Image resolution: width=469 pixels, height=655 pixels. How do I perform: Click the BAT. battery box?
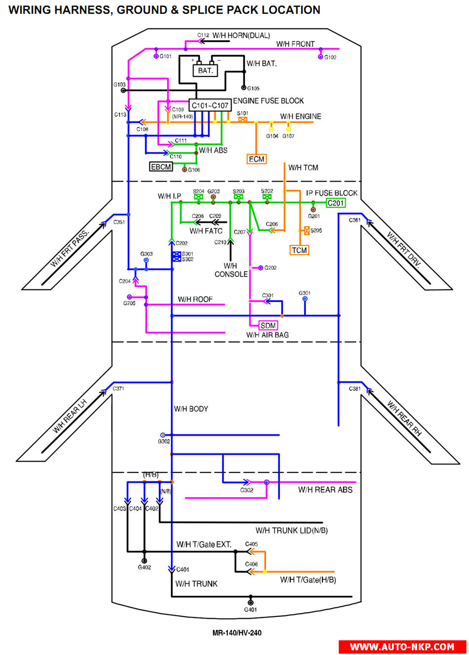click(x=205, y=71)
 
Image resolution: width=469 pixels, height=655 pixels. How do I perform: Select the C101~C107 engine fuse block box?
click(x=210, y=105)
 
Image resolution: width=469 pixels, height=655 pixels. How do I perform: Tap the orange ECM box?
click(x=256, y=159)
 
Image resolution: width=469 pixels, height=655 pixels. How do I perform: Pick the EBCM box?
click(x=161, y=167)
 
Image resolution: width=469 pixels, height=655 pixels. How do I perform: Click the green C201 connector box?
click(x=336, y=203)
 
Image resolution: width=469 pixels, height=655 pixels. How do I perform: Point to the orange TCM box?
click(x=299, y=250)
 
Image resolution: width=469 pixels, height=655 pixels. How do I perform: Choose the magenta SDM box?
click(x=268, y=325)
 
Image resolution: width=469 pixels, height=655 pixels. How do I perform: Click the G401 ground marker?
click(x=250, y=603)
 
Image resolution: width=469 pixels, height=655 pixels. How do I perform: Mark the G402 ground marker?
click(x=144, y=561)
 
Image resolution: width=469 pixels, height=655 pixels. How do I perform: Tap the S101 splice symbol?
click(x=242, y=119)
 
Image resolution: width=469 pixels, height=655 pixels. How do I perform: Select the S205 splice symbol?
click(x=307, y=231)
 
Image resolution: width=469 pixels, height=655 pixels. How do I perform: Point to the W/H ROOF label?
click(x=195, y=299)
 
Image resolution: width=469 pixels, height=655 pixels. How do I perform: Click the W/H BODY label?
click(x=191, y=409)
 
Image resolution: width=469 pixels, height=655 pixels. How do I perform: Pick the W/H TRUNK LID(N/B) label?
click(x=291, y=531)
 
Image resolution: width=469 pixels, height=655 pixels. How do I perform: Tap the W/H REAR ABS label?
click(x=325, y=490)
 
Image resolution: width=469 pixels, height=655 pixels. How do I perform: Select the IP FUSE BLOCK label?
click(x=331, y=193)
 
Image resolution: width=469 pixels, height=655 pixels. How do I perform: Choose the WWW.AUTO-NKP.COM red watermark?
click(x=402, y=647)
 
